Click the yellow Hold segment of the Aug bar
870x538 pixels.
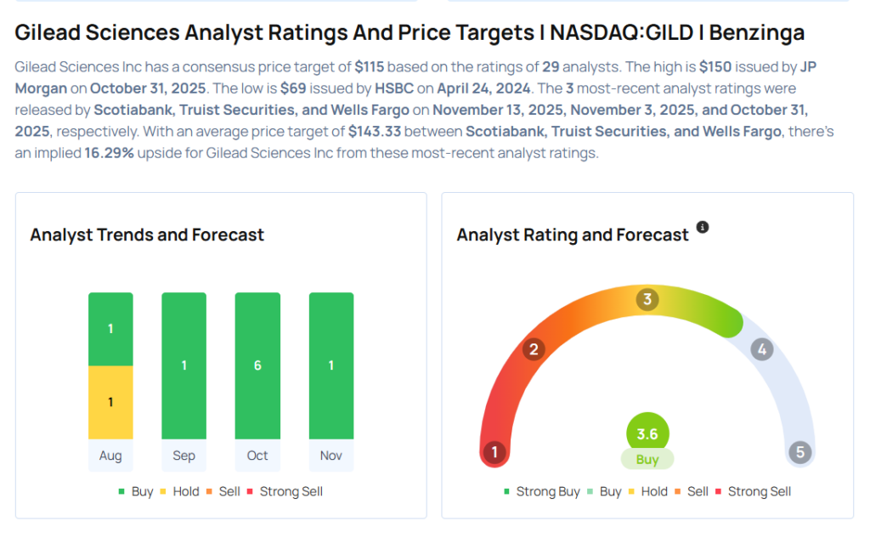tap(110, 402)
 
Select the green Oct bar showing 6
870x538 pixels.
tap(257, 365)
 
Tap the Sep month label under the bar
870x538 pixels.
tap(184, 456)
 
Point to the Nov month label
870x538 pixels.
tap(330, 456)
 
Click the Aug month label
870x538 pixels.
tap(110, 456)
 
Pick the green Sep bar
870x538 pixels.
tap(184, 365)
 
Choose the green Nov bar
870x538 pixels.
tap(331, 365)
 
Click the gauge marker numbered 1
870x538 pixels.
tap(494, 452)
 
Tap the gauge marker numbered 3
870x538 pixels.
tap(647, 299)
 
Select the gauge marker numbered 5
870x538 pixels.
tap(799, 452)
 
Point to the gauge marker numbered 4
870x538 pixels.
tap(762, 349)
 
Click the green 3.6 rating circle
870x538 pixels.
tap(647, 434)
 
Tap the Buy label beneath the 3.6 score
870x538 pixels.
tap(647, 459)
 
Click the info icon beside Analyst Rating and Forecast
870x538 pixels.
tap(703, 228)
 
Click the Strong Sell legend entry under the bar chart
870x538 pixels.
tap(285, 491)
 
